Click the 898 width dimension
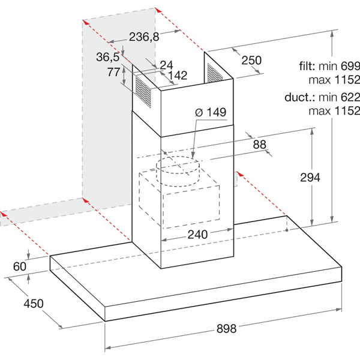pos(226,329)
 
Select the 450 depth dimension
pos(34,304)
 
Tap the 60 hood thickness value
pos(20,266)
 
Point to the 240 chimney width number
pos(197,235)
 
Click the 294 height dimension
pos(310,178)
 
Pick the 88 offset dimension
pos(260,145)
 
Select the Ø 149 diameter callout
pos(211,112)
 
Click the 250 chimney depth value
pos(251,60)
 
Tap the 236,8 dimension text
pos(144,37)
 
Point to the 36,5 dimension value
pos(108,57)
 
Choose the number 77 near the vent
pos(113,72)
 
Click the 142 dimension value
pos(178,76)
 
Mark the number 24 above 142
pos(166,65)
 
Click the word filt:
pos(307,66)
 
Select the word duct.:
pos(300,97)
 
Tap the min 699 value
pos(339,66)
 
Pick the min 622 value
pos(339,97)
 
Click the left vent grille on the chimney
pos(143,92)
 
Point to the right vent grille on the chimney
pos(215,73)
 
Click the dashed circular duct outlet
pos(178,171)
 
